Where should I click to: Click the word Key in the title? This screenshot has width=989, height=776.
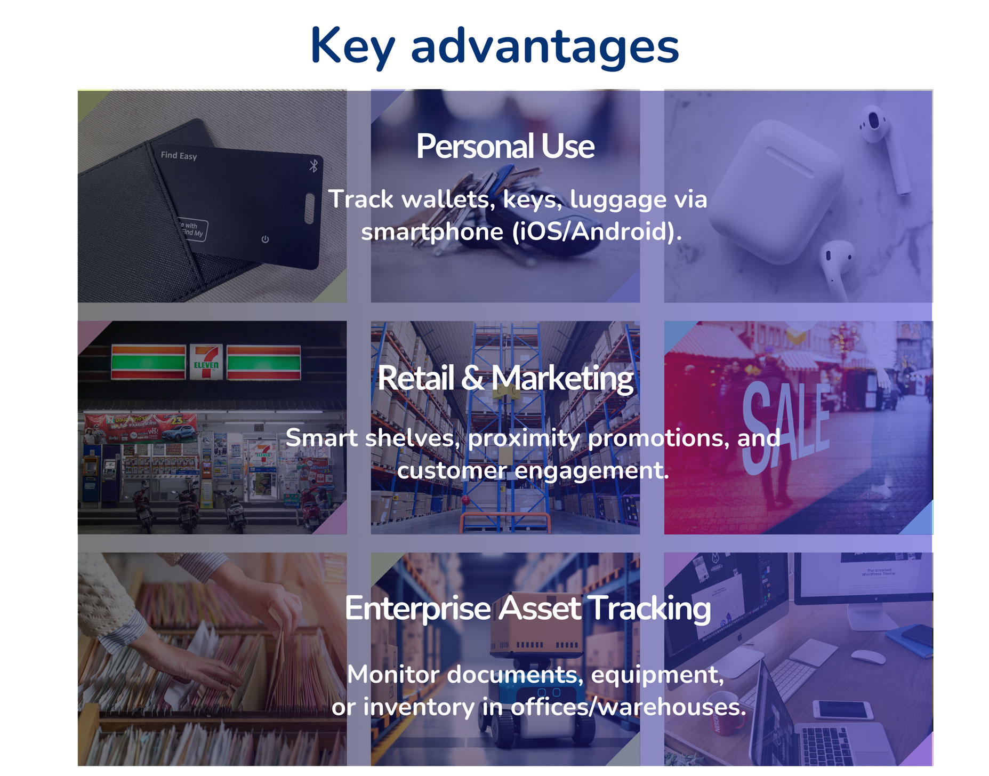click(352, 47)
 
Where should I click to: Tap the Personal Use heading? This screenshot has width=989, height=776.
click(505, 146)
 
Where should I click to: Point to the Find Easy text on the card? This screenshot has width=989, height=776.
click(179, 155)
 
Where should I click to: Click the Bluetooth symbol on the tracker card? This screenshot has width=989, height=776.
click(313, 165)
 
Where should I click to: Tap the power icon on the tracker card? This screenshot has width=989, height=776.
click(265, 239)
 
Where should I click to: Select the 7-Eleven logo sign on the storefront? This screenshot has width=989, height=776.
click(206, 362)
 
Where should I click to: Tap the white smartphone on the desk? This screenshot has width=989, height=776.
click(842, 710)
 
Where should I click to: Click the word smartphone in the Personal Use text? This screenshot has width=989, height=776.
click(432, 232)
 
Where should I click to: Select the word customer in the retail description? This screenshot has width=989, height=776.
click(452, 470)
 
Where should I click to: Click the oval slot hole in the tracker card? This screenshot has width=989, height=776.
click(310, 209)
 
